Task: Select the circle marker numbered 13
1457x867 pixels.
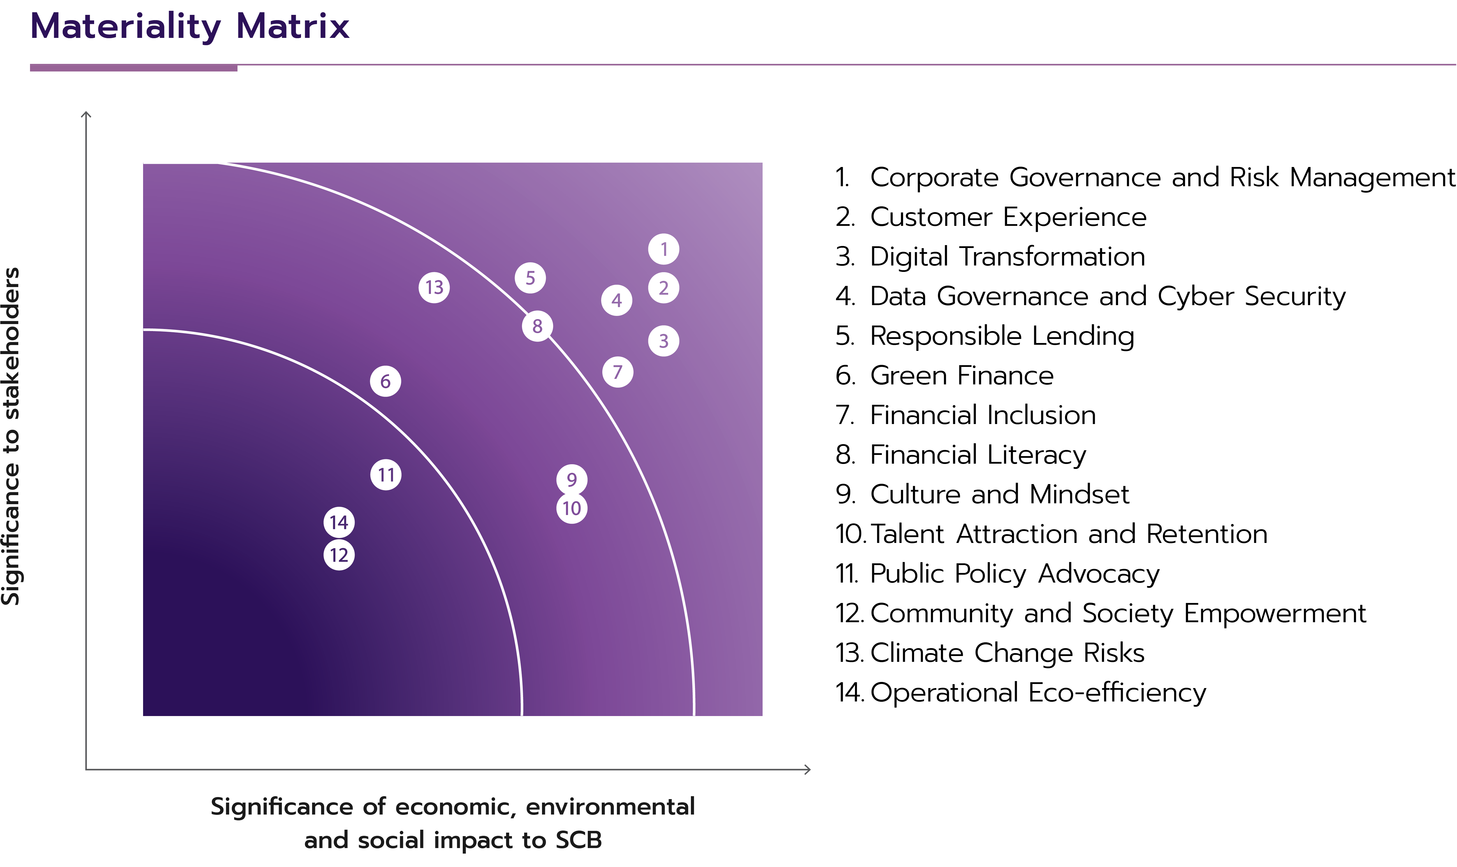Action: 434,287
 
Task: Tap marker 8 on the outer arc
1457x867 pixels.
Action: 537,326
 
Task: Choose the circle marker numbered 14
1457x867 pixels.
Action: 339,522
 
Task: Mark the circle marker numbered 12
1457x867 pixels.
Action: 339,555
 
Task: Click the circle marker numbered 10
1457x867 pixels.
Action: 571,508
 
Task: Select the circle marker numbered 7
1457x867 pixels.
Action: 617,372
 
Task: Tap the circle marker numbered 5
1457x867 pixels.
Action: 530,278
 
